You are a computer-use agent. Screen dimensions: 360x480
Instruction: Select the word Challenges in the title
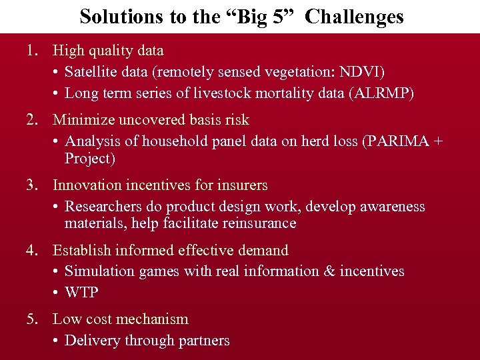coord(355,16)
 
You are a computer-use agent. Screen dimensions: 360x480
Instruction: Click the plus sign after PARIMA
coord(437,141)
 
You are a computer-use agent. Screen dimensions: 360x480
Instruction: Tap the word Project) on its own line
coord(90,159)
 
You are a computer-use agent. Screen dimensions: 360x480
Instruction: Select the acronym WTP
coord(81,293)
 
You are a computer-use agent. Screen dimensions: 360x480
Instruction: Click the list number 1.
coord(31,50)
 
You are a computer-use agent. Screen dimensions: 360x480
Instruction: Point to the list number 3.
coord(31,185)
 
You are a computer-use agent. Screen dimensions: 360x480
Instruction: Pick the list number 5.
coord(31,319)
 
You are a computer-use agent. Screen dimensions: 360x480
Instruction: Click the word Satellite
coord(89,71)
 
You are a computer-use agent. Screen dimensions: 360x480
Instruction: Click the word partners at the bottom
coord(203,341)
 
